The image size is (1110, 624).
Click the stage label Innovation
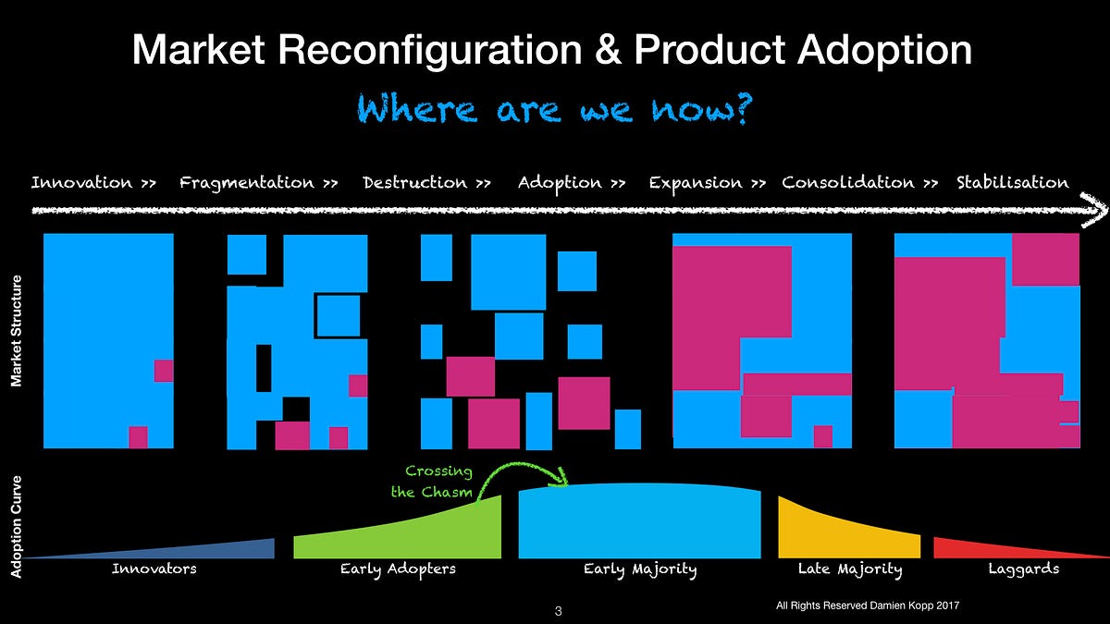coord(81,183)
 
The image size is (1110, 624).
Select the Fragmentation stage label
coord(247,184)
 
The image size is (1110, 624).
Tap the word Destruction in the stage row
coord(414,183)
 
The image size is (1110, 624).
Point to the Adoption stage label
coord(560,184)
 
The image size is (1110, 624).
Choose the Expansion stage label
coord(696,184)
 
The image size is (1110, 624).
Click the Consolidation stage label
coord(848,183)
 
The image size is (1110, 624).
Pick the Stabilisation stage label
coord(1012,183)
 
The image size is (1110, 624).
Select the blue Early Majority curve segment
coord(640,521)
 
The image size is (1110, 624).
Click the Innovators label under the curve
coord(154,569)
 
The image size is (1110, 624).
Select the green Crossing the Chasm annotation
coord(432,482)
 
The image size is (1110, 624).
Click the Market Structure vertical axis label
coord(17,331)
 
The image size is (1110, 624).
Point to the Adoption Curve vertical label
coord(17,527)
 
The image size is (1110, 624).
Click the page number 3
coord(559,611)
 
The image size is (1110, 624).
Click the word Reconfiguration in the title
coord(429,51)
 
